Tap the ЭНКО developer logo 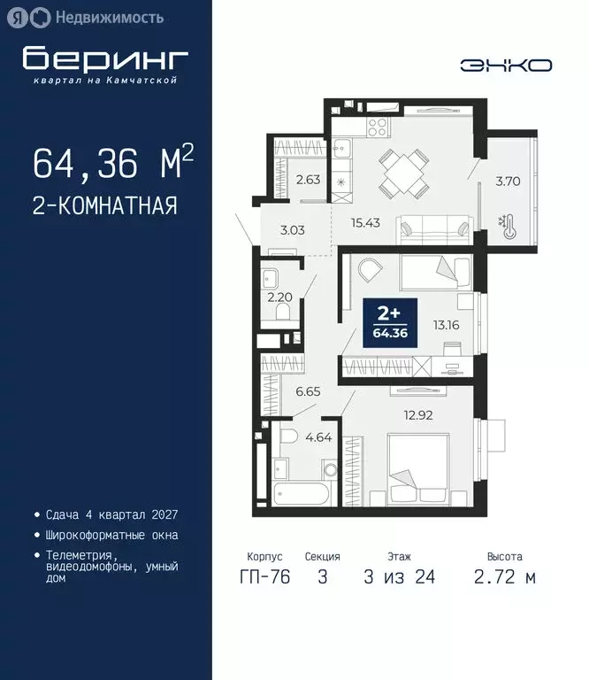click(x=506, y=65)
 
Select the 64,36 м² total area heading click(x=112, y=163)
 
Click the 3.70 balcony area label click(x=507, y=182)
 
